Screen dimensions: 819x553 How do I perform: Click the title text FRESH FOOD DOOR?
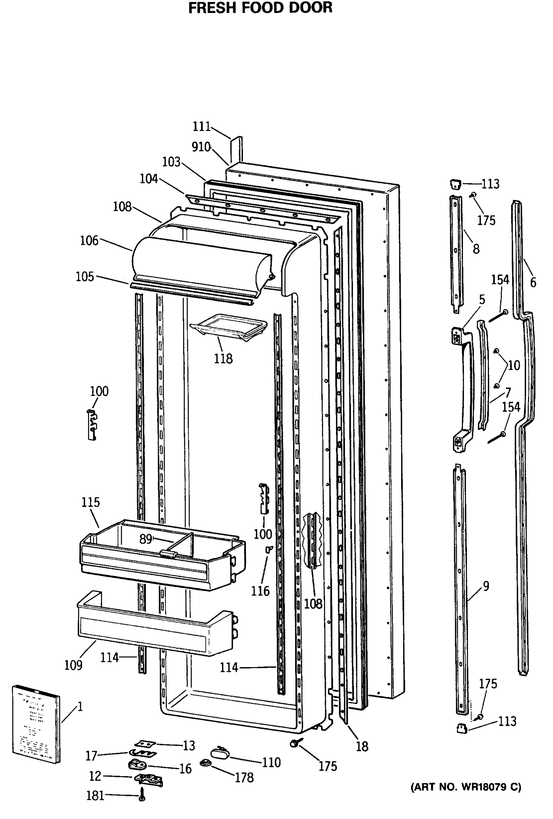(x=260, y=8)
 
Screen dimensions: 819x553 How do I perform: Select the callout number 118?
(x=223, y=359)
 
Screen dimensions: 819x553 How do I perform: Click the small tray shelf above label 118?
(x=228, y=327)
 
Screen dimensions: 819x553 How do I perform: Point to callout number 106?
(x=89, y=241)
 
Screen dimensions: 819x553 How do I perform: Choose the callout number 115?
(x=90, y=502)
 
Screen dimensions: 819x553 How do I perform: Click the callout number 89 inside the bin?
(x=145, y=539)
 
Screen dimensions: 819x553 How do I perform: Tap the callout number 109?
(x=73, y=665)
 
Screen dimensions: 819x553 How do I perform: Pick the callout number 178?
(x=244, y=777)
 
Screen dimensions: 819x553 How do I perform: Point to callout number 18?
(x=362, y=746)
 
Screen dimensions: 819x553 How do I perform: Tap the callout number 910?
(x=201, y=147)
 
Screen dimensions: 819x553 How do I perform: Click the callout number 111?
(x=202, y=127)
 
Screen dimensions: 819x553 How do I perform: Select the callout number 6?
(x=533, y=282)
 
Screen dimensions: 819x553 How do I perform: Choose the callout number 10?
(x=514, y=365)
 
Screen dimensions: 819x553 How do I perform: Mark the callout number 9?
(x=486, y=586)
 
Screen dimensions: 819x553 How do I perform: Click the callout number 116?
(x=260, y=591)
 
